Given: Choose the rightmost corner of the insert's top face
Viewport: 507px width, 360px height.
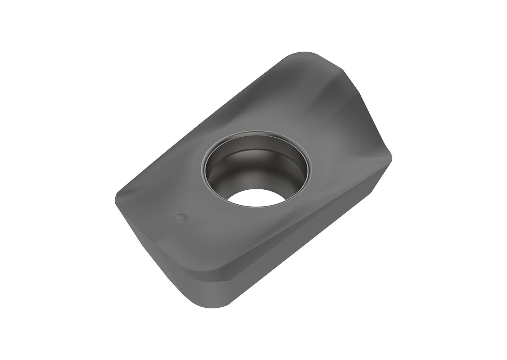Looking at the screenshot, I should [x=392, y=159].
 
